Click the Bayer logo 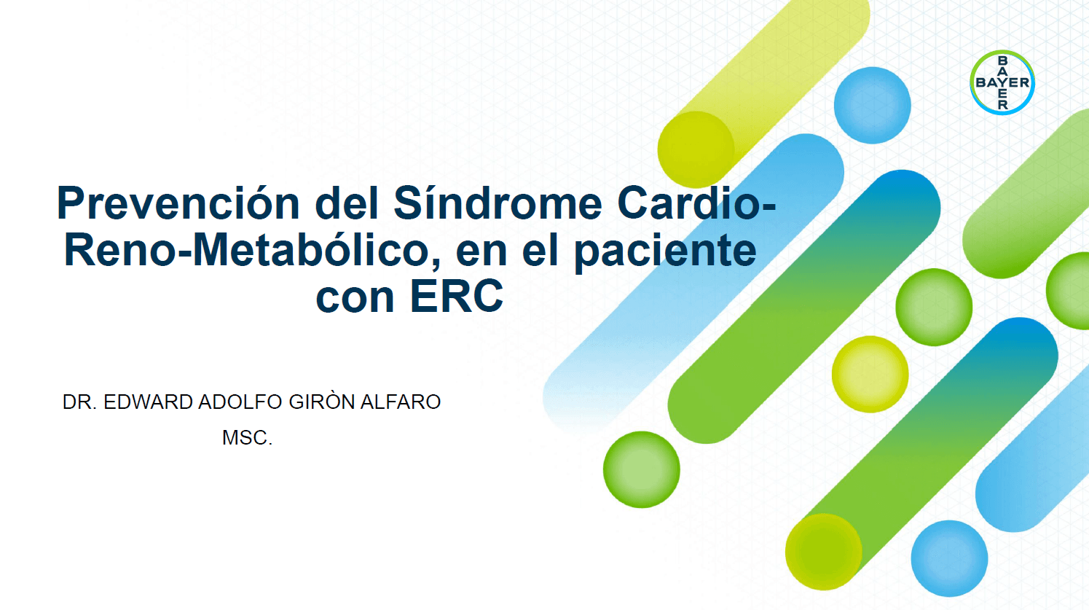(x=1002, y=82)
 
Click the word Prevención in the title (x=178, y=203)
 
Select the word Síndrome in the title (x=498, y=203)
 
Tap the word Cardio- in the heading (x=696, y=203)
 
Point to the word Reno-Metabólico (x=251, y=251)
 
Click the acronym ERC (x=457, y=296)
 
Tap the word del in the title (x=347, y=203)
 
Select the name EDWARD (x=149, y=402)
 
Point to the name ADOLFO (x=240, y=402)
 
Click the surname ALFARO (x=400, y=402)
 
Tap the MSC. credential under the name (x=247, y=438)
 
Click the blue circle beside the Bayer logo (x=872, y=105)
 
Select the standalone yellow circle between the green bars (x=870, y=374)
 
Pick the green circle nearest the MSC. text (x=641, y=469)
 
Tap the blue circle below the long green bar (x=949, y=558)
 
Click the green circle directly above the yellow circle (x=934, y=308)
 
